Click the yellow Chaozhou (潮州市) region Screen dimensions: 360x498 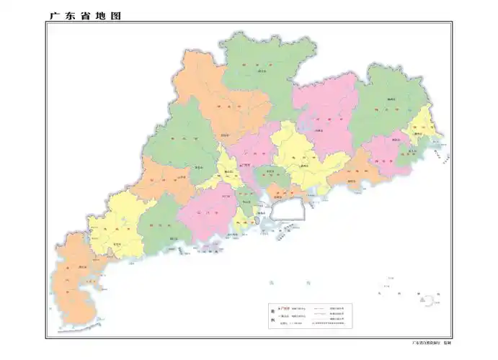[x=422, y=130]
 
